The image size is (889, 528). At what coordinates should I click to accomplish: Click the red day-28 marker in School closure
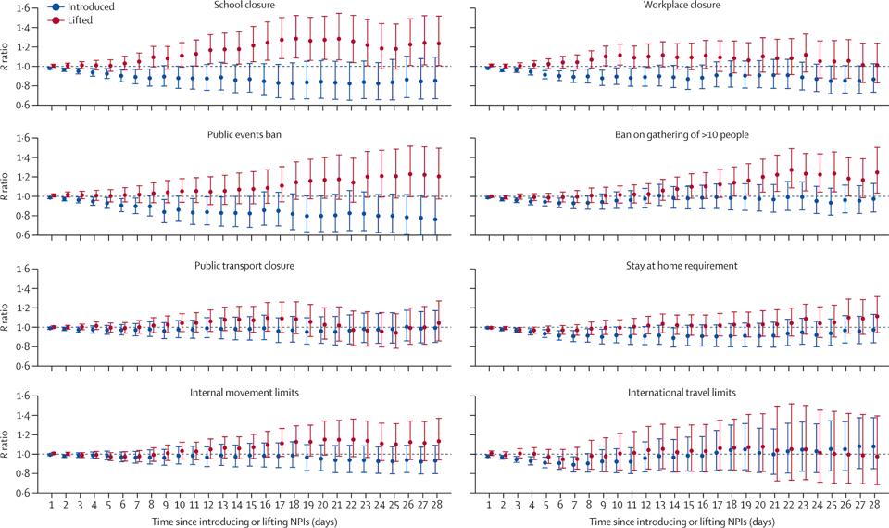point(438,44)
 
